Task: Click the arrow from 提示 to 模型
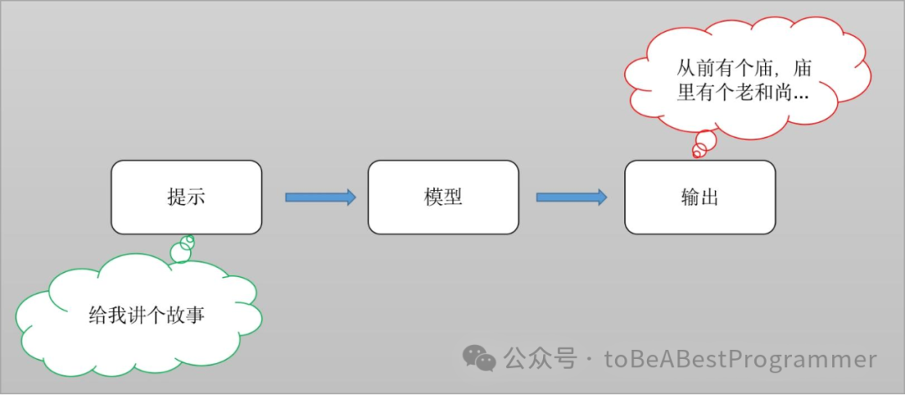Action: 320,197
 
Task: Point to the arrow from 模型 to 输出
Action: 571,197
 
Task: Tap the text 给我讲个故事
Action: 147,315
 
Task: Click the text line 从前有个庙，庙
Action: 745,66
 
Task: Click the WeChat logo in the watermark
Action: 479,358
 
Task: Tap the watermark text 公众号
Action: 540,360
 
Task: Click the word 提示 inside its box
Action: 186,197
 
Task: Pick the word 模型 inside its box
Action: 442,197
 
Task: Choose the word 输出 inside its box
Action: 700,197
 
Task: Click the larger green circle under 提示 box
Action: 180,252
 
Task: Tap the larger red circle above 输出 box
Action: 706,140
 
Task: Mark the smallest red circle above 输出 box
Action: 696,152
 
